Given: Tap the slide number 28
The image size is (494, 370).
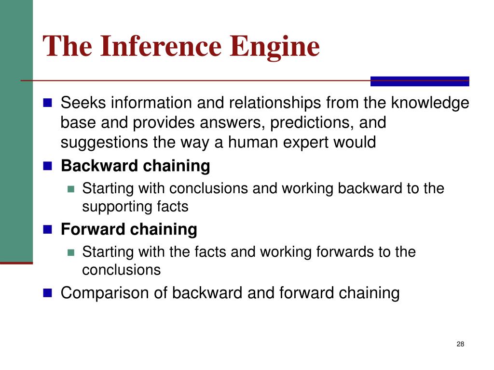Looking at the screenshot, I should click(460, 344).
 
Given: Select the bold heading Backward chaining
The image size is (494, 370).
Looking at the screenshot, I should click(135, 166).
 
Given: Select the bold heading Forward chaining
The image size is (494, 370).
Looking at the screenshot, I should click(129, 229).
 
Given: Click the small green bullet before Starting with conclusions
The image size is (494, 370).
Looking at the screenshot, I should click(71, 189).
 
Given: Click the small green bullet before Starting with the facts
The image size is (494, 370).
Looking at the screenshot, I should click(71, 252).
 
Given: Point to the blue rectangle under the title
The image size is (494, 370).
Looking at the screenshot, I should click(420, 81).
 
